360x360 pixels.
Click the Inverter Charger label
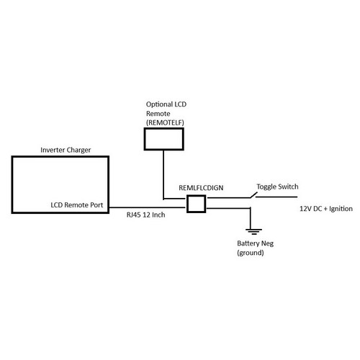66,150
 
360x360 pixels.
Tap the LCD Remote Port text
77,205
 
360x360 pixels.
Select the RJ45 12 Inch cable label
145,215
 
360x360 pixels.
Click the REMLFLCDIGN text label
201,188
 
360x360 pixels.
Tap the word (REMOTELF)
165,122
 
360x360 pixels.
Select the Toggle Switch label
277,186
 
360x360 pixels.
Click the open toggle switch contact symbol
253,195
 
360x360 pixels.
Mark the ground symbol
253,232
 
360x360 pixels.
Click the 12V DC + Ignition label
326,209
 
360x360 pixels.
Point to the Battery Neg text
256,243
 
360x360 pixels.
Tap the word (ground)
251,253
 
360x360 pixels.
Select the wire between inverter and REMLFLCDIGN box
148,207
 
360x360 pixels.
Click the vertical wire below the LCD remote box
163,175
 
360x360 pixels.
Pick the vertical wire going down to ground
251,218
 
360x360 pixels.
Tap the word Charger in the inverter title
78,150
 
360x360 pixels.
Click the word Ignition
341,209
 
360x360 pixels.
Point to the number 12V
305,209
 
